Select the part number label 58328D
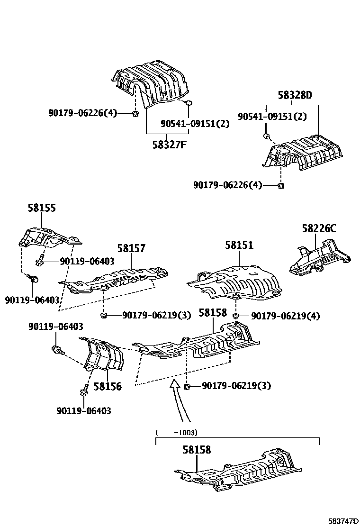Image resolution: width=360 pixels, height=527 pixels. coord(295,95)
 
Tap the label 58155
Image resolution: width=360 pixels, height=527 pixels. coord(41,208)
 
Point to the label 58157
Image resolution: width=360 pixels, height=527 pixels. coord(131,248)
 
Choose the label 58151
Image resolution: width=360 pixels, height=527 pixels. coord(239,245)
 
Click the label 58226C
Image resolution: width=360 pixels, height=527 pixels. coord(319,229)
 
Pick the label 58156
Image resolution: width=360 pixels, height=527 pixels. coord(107,387)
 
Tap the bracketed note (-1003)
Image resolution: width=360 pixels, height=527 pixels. coord(176,432)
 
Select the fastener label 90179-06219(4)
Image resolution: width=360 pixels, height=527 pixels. coord(285,316)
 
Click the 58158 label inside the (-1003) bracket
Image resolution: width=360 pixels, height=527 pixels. coord(197,450)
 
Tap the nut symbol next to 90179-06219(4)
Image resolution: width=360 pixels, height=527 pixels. coord(236,315)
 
